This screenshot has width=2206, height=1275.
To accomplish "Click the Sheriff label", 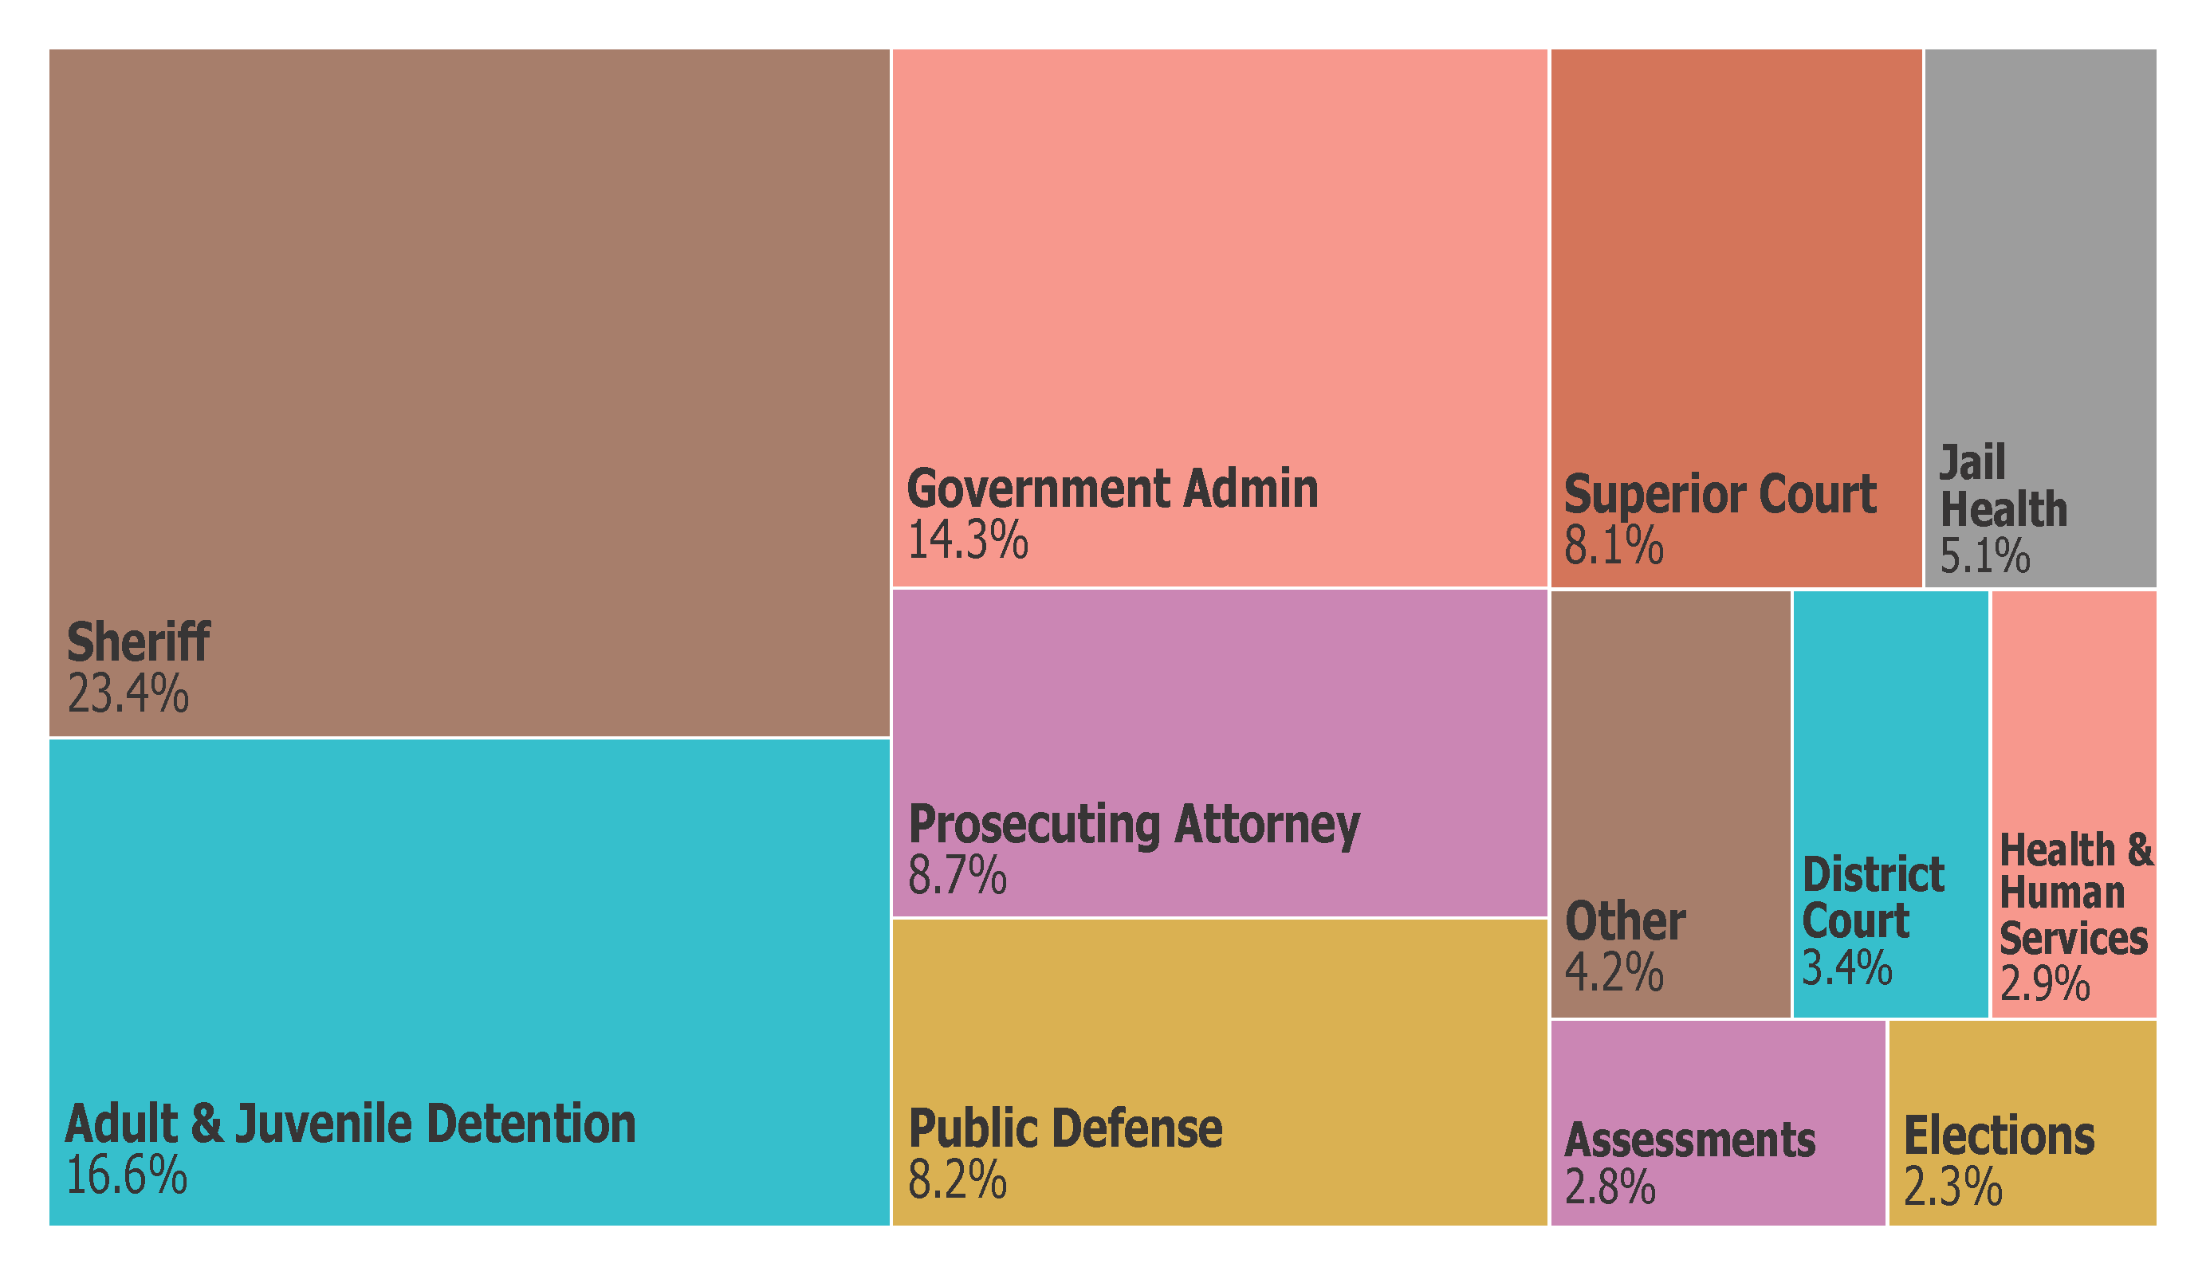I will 138,642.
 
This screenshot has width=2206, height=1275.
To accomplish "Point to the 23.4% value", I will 128,695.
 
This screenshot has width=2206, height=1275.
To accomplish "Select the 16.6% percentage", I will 127,1175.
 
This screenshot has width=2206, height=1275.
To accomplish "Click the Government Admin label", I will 1111,488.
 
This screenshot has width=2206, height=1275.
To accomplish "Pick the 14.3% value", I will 967,540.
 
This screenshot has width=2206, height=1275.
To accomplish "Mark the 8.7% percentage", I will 957,875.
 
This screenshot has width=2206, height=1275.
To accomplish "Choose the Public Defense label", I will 1065,1129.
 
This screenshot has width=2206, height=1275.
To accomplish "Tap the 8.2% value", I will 957,1179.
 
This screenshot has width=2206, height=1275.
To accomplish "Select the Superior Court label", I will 1720,494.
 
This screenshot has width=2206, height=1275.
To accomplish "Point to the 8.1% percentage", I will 1614,546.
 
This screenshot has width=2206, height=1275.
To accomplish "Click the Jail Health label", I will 2002,487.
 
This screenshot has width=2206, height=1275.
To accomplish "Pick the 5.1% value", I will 1984,556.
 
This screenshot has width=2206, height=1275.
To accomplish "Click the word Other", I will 1625,921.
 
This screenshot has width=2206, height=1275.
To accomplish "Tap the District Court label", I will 1874,898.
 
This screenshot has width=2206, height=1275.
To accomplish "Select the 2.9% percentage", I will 2045,983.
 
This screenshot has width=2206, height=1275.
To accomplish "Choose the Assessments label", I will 1689,1140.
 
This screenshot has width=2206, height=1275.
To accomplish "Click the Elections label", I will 2000,1136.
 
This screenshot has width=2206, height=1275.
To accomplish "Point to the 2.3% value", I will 1953,1187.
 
